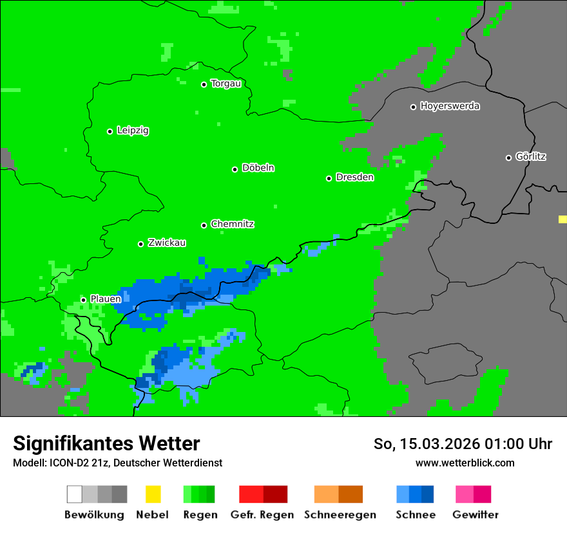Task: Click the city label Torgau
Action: (x=226, y=84)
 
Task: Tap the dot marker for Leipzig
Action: (x=110, y=131)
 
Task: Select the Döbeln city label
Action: (x=258, y=168)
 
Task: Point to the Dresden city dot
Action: (x=329, y=178)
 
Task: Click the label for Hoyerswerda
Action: (x=450, y=106)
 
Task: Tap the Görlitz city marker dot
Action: (x=508, y=158)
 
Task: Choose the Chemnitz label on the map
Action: (x=232, y=224)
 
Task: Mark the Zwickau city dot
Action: (x=140, y=244)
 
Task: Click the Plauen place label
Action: (x=106, y=299)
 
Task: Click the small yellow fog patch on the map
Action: (x=562, y=219)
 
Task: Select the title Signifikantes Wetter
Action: (x=106, y=443)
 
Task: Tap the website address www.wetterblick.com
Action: (x=465, y=463)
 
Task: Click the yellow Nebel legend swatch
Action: (x=153, y=494)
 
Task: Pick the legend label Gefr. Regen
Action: (x=262, y=515)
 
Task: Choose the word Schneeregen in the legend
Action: (x=340, y=515)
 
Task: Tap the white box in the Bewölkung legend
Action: (x=74, y=494)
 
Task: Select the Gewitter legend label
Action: (x=476, y=515)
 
